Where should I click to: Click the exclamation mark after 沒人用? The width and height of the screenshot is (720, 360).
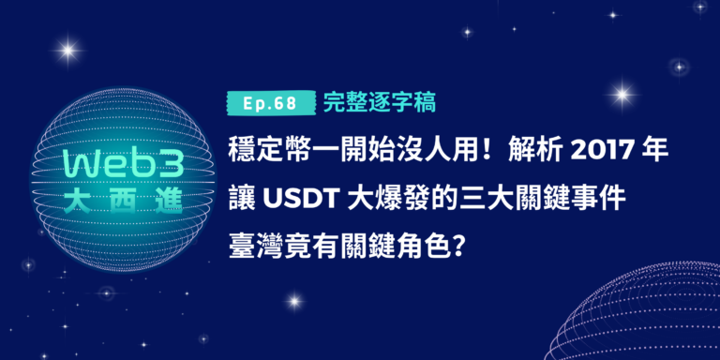[480, 149]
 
